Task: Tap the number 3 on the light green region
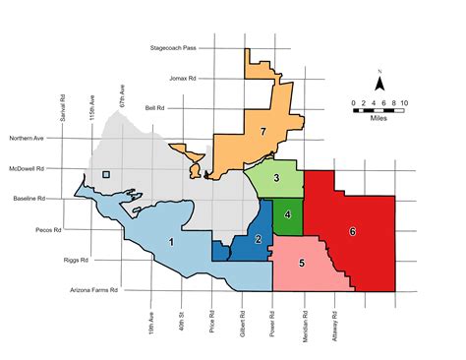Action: pyautogui.click(x=278, y=178)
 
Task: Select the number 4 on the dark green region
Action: pyautogui.click(x=287, y=214)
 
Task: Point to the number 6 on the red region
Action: pyautogui.click(x=351, y=231)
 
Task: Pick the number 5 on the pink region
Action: pyautogui.click(x=302, y=263)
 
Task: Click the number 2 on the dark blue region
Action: pyautogui.click(x=258, y=239)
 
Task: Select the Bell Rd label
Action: pyautogui.click(x=155, y=108)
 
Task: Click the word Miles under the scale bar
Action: pyautogui.click(x=379, y=116)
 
